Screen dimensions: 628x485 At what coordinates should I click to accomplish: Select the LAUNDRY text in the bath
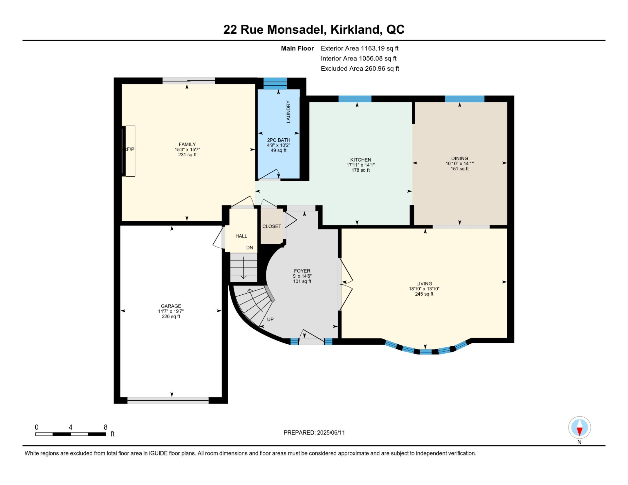click(x=288, y=112)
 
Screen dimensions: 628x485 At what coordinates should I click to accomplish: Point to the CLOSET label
click(x=271, y=226)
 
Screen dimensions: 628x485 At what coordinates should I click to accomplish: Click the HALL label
click(x=241, y=236)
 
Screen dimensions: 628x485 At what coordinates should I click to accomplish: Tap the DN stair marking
click(x=250, y=248)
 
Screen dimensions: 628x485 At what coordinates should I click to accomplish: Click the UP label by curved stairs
click(x=270, y=320)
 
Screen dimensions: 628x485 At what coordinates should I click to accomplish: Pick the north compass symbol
click(x=579, y=427)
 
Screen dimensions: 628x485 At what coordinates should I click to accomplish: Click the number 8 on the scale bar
click(x=106, y=427)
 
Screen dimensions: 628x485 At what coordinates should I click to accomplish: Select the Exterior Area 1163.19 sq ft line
click(x=359, y=48)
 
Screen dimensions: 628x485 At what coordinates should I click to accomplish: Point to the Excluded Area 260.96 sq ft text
click(x=360, y=69)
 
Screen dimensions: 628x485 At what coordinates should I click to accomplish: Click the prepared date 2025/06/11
click(x=331, y=433)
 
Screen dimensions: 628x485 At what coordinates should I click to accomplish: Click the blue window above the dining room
click(x=464, y=99)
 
